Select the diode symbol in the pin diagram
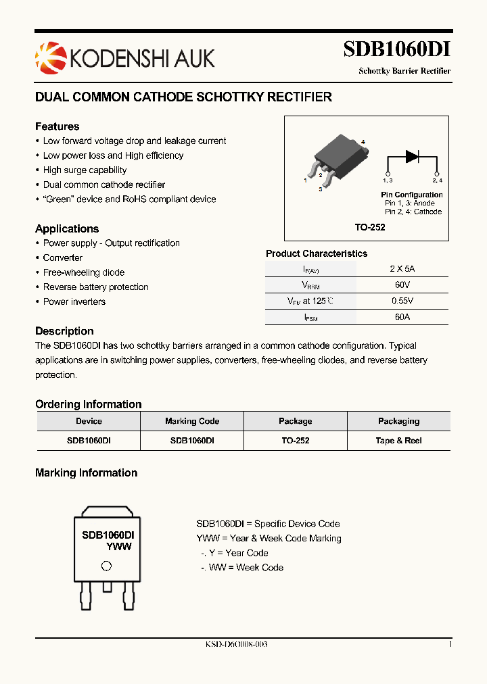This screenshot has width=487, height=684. click(x=412, y=156)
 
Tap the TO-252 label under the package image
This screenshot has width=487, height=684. click(x=370, y=228)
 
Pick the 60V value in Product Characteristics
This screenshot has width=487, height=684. click(x=402, y=285)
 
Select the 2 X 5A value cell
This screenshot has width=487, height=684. click(x=402, y=268)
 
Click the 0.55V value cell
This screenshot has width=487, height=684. click(x=402, y=301)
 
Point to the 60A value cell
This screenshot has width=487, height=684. click(x=402, y=317)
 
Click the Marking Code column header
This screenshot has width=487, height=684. click(x=192, y=421)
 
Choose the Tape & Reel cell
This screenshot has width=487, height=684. click(x=398, y=441)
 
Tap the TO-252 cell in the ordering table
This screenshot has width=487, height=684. click(x=295, y=441)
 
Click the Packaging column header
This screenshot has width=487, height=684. click(x=398, y=421)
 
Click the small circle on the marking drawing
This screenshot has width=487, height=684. click(x=106, y=566)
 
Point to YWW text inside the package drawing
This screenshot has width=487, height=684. click(x=119, y=547)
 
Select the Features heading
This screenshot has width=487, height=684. click(x=57, y=126)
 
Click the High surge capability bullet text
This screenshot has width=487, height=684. click(x=85, y=170)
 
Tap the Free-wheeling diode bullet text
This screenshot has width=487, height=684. click(x=84, y=272)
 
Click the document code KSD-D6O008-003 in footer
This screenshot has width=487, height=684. click(x=236, y=644)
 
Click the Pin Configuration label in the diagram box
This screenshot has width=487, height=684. click(x=411, y=195)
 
